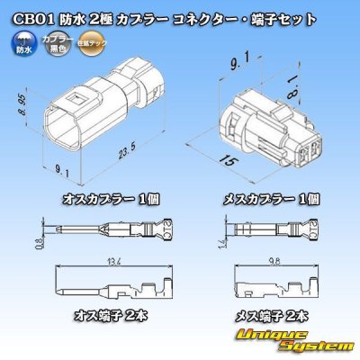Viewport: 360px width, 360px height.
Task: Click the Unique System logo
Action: [x=302, y=340]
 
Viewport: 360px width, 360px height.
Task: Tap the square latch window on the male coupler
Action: [x=76, y=102]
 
